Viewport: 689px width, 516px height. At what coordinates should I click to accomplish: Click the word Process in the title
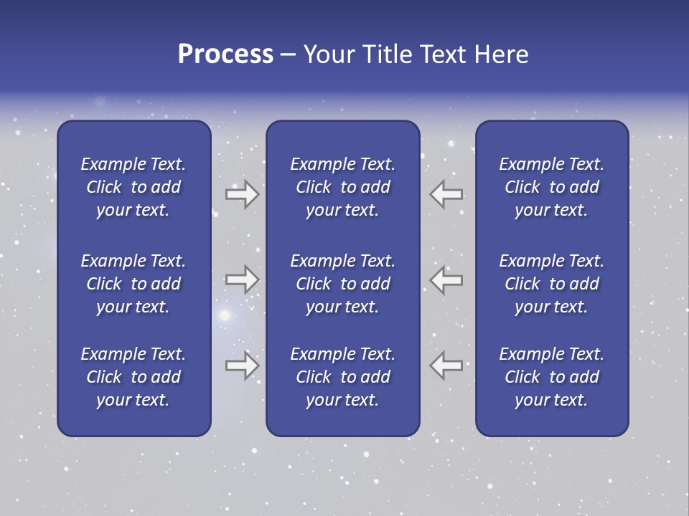click(x=225, y=54)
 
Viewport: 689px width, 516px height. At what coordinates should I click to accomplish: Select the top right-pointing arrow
click(x=242, y=194)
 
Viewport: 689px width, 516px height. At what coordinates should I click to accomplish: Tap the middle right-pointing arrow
click(x=242, y=279)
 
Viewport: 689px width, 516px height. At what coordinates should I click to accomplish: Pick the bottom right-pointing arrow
click(x=242, y=365)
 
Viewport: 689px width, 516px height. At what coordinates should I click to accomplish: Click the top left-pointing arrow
click(x=446, y=194)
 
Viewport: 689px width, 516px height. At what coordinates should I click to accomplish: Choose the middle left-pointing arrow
click(x=446, y=279)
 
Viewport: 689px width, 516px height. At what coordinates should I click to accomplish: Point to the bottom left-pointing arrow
click(x=446, y=365)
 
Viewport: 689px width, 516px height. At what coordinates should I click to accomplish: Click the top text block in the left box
click(x=133, y=187)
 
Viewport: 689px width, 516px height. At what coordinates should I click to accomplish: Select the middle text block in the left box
click(x=133, y=284)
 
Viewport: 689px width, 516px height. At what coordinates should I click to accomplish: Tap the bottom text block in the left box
click(x=133, y=377)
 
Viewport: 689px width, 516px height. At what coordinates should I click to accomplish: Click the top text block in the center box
click(x=342, y=187)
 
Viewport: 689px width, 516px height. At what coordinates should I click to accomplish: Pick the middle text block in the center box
click(x=342, y=284)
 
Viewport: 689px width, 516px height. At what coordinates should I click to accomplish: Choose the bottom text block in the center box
click(x=342, y=377)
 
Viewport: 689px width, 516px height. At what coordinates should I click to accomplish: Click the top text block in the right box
click(x=551, y=187)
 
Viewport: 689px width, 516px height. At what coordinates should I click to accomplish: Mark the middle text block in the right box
click(x=551, y=284)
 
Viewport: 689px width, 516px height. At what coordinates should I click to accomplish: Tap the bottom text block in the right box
click(x=551, y=377)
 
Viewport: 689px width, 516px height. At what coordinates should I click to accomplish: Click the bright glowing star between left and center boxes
click(x=225, y=315)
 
